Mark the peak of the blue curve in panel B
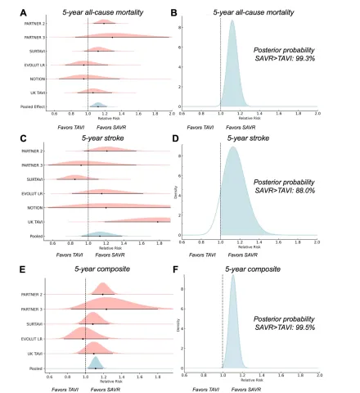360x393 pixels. pyautogui.click(x=232, y=21)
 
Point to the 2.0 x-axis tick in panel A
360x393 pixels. pyautogui.click(x=170, y=114)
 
